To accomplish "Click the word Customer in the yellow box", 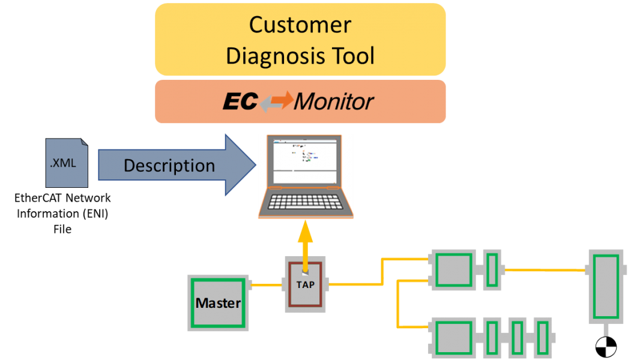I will point(300,25).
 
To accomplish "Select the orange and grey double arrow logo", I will point(277,101).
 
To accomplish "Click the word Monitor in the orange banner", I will point(334,101).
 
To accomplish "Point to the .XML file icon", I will point(67,163).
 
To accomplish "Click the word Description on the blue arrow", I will point(169,166).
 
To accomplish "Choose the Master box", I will point(217,303).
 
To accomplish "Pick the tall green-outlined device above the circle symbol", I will point(605,286).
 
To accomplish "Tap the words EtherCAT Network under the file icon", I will point(63,198).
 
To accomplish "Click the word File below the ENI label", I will point(62,229).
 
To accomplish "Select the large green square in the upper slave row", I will point(454,270).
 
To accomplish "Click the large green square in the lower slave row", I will point(454,337).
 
